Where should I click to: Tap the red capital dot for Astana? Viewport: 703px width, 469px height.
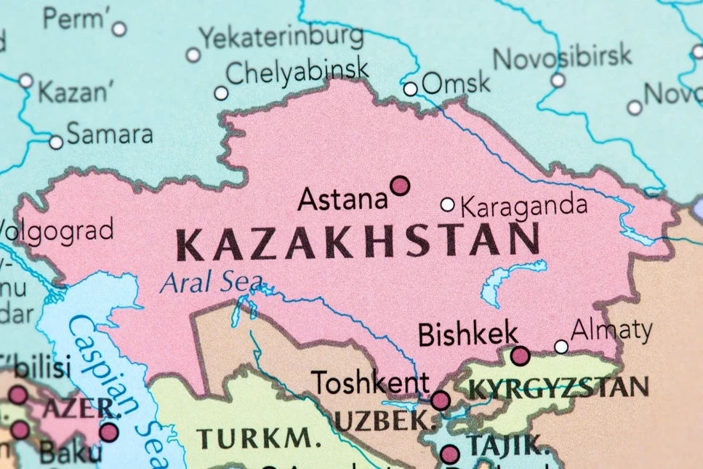click(400, 186)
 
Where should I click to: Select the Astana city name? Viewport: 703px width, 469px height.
click(342, 199)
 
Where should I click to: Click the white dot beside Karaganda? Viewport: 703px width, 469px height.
click(448, 204)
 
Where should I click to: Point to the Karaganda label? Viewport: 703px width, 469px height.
click(523, 206)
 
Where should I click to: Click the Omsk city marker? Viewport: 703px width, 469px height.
click(411, 89)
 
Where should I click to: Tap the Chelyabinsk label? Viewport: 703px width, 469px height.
click(297, 72)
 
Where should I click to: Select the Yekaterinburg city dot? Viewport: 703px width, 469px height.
click(193, 55)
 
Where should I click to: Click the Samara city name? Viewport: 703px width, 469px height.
click(110, 134)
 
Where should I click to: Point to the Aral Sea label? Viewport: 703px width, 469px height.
click(212, 281)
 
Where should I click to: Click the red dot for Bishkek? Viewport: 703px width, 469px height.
click(520, 356)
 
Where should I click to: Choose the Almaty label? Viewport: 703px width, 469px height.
click(611, 331)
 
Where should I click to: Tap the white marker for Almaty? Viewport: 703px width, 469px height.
click(561, 347)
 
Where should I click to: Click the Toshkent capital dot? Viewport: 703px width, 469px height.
click(441, 400)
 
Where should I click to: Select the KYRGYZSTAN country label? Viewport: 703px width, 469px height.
click(558, 388)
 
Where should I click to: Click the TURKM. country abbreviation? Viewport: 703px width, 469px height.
click(258, 438)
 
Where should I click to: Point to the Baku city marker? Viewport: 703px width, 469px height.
click(109, 432)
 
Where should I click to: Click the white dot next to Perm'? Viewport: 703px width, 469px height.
click(119, 29)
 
